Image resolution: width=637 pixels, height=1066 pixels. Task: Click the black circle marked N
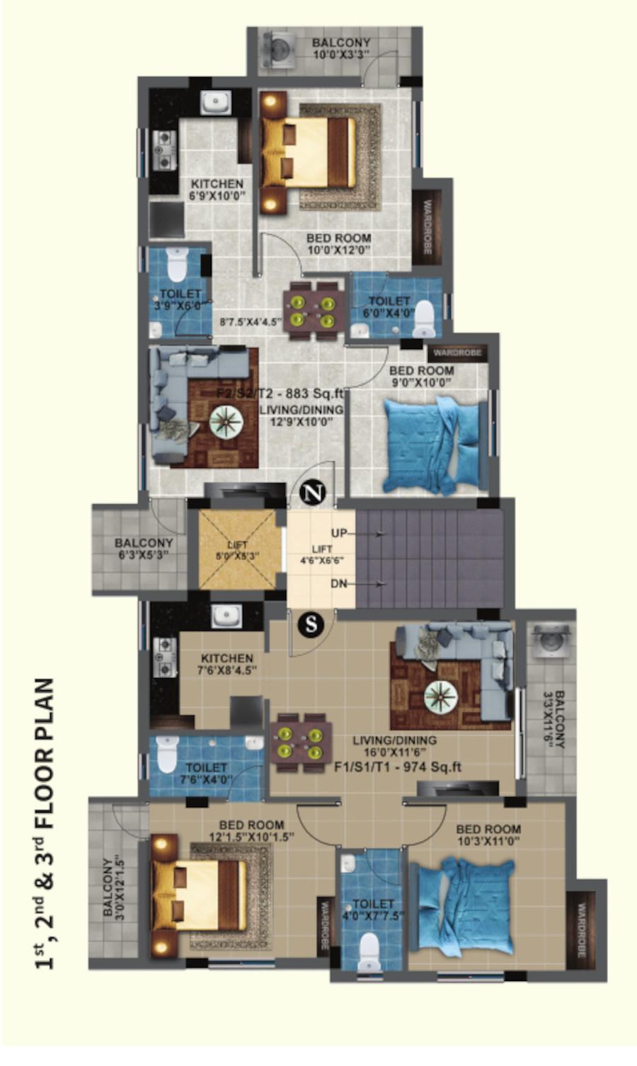(311, 493)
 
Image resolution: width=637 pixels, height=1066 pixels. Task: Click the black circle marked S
(310, 624)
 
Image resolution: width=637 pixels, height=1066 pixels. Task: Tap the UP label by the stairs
(340, 533)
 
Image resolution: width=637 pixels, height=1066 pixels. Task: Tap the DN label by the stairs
(340, 584)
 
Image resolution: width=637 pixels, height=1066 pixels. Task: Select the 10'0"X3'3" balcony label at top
(341, 49)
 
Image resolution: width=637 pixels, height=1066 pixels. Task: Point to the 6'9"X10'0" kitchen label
(217, 190)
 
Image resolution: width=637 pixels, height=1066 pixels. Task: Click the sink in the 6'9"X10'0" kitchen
(214, 103)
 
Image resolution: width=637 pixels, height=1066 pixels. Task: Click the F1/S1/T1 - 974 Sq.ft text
(398, 766)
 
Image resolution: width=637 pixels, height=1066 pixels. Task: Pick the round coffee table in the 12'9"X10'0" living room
(226, 422)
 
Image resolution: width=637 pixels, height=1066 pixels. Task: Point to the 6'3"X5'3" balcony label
(144, 549)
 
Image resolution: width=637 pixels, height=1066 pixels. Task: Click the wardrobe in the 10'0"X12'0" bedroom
(427, 228)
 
